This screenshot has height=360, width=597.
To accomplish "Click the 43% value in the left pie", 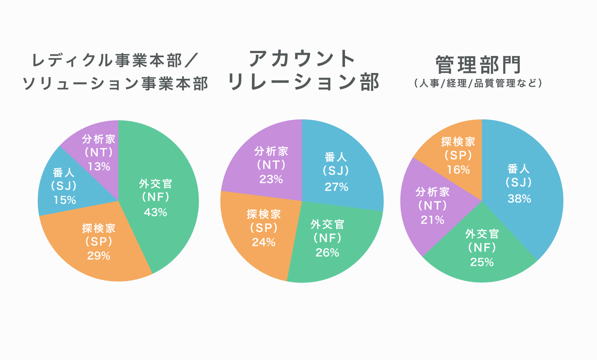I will click(x=155, y=212).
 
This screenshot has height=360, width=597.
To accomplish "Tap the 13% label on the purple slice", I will click(x=99, y=166).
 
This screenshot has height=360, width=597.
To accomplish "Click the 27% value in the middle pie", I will click(x=336, y=187).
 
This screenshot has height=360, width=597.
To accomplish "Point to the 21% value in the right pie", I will click(x=432, y=220).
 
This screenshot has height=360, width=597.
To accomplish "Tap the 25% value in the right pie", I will click(x=482, y=262).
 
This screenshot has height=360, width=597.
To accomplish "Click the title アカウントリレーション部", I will click(x=303, y=71).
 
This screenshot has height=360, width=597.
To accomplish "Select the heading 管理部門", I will click(x=478, y=65).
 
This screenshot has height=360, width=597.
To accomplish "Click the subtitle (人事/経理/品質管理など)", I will click(x=478, y=83).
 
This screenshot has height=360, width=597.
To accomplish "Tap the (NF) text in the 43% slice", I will click(x=155, y=197).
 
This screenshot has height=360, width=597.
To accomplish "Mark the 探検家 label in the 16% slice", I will click(x=458, y=142).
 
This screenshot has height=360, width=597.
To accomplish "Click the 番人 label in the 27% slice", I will click(x=336, y=157).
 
